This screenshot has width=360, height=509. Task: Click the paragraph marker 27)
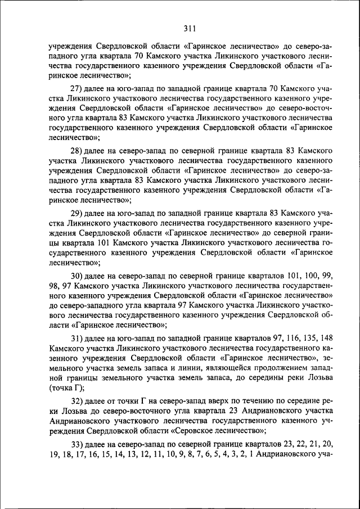(x=76, y=89)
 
